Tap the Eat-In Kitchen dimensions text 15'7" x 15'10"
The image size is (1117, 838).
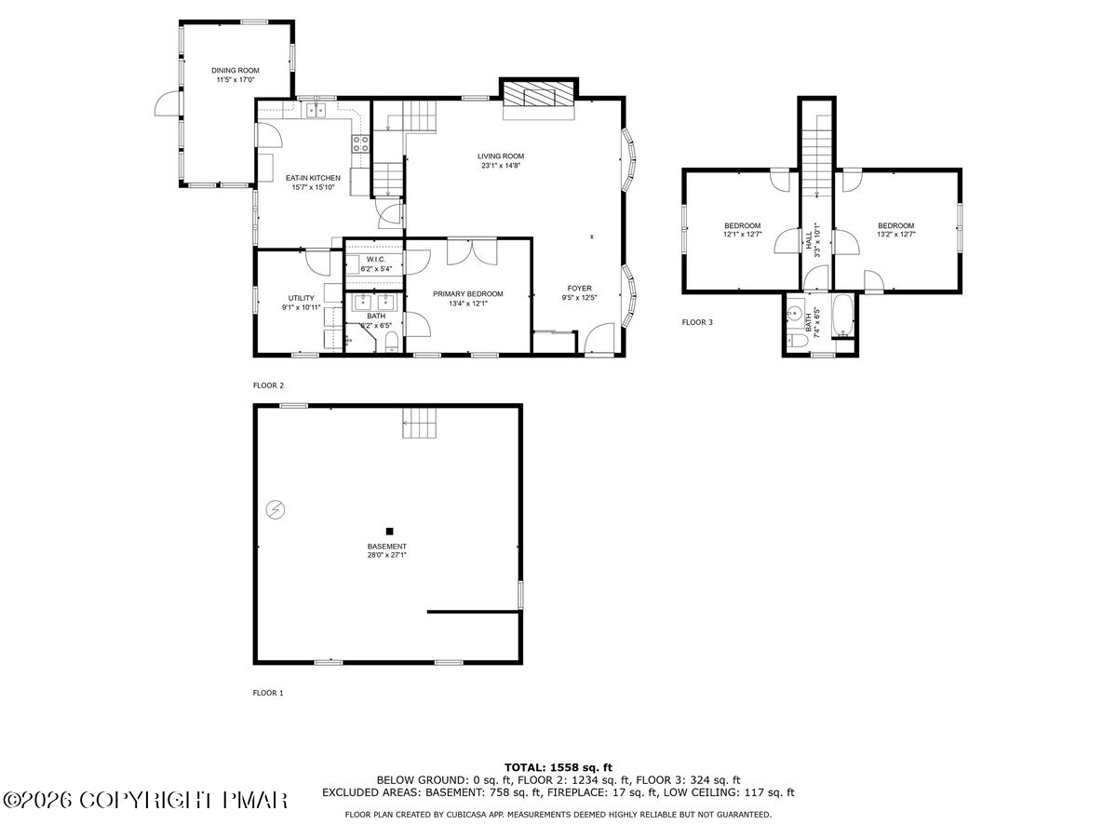coord(313,187)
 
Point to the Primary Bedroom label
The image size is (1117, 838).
coord(467,293)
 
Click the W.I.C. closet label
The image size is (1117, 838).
coord(375,260)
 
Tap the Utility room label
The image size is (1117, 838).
coord(301,298)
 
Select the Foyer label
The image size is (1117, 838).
coord(580,289)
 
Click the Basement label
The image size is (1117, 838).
coord(386,547)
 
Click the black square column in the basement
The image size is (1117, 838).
coord(389,531)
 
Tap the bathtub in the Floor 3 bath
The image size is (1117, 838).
coord(841,317)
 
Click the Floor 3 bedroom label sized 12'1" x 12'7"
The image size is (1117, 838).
coord(743,225)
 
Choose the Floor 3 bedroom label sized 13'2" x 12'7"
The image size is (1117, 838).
coord(895,225)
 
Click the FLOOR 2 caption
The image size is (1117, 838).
coord(268,385)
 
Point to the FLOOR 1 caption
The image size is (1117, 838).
coord(268,693)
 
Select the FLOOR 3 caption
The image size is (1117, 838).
coord(697,323)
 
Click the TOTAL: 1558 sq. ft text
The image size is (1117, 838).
coord(558,767)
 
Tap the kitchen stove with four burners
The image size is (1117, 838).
coord(359,143)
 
